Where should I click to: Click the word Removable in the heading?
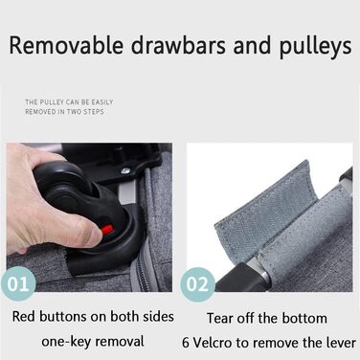point(66,46)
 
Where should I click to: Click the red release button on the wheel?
point(107,229)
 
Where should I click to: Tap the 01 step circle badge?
point(18,283)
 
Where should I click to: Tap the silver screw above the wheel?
point(125,171)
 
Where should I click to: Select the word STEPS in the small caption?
point(94,112)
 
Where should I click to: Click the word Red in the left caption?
point(24,317)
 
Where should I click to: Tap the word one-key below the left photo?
point(66,342)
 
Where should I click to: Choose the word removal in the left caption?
point(120,341)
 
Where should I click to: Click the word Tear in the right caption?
point(219,318)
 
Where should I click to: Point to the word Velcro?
point(213,343)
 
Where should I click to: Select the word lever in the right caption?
point(341,343)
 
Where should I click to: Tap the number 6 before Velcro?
point(186,343)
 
